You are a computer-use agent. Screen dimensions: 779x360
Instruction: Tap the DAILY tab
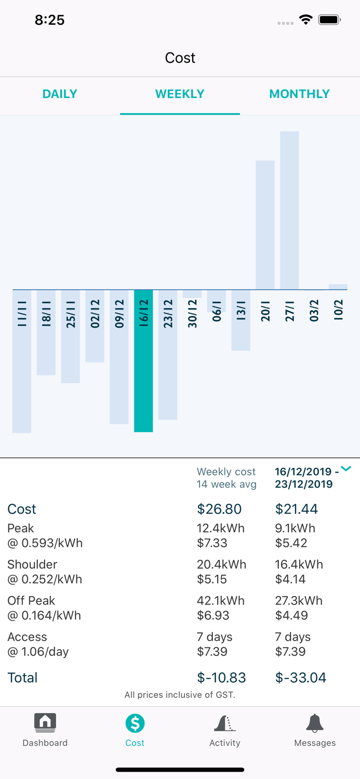point(60,94)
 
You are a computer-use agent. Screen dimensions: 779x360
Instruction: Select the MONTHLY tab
point(299,94)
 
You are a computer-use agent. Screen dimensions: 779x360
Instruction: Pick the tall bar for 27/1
point(289,210)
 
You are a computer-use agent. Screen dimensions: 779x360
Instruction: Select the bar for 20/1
point(265,225)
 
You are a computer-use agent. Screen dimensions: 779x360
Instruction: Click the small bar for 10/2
point(338,287)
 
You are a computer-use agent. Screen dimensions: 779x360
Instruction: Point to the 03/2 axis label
point(314,311)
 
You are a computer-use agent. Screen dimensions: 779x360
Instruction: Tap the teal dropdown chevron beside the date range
point(346,469)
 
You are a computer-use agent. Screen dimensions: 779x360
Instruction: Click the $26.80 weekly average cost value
point(219,509)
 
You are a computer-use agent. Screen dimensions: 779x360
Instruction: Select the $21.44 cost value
point(297,509)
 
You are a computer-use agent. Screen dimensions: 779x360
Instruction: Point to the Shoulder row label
point(32,565)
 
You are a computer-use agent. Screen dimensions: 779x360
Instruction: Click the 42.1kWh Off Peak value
point(221,601)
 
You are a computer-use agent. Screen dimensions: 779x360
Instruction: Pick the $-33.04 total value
point(301,678)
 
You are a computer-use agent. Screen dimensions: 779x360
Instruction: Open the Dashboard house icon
point(45,722)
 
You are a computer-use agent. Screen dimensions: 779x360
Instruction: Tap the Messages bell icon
point(315,722)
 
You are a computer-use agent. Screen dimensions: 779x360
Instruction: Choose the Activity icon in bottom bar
point(224,723)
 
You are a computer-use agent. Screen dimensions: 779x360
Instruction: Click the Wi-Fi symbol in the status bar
point(306,20)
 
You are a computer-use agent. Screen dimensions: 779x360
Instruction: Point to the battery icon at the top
point(329,20)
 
